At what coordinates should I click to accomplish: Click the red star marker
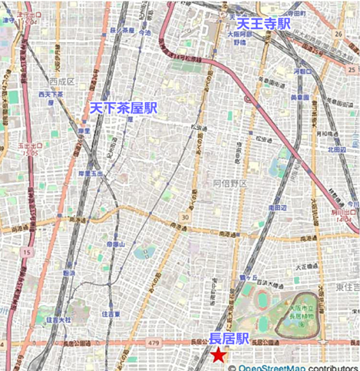click(219, 354)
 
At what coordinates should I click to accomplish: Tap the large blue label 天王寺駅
click(263, 24)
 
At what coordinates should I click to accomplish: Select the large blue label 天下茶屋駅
click(124, 108)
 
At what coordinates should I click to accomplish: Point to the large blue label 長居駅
click(229, 338)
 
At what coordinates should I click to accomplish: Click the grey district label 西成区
click(59, 80)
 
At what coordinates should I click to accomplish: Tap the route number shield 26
click(339, 34)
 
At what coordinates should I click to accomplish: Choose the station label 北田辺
click(336, 149)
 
